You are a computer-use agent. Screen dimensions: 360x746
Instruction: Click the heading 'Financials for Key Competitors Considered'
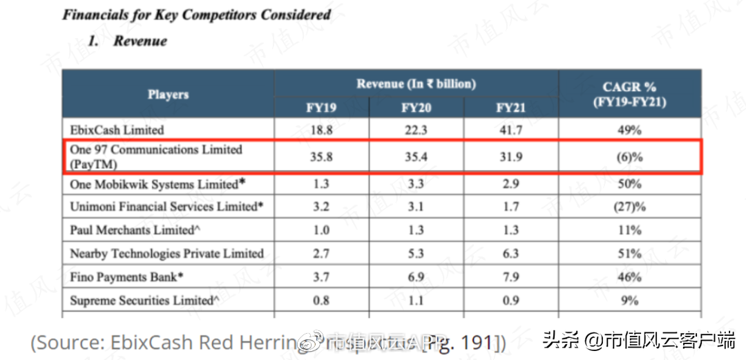point(197,15)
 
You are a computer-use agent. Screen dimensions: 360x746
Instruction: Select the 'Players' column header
point(168,94)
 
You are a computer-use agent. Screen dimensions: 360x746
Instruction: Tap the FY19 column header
point(321,108)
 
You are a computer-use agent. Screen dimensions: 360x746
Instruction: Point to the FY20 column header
point(416,108)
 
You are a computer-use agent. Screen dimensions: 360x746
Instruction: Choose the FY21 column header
point(510,108)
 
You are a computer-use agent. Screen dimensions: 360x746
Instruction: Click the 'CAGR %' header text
point(629,87)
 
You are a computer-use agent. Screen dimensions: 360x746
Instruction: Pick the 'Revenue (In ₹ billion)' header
point(416,84)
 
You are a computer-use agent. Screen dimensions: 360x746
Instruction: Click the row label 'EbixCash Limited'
point(117,130)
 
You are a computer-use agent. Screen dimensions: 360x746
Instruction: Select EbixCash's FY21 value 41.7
point(510,130)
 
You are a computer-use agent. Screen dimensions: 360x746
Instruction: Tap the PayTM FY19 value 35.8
point(321,157)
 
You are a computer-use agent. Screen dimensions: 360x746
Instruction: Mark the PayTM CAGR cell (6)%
point(629,157)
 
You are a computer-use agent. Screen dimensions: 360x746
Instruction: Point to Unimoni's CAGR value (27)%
point(629,207)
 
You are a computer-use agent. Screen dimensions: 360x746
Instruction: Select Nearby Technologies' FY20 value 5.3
point(416,254)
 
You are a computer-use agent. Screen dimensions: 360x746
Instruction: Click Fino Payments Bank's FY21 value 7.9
point(510,277)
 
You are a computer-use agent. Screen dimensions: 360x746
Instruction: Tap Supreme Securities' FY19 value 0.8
point(321,301)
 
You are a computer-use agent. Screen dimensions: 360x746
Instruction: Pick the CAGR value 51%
point(629,254)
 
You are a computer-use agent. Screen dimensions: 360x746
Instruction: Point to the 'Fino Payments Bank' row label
point(126,277)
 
